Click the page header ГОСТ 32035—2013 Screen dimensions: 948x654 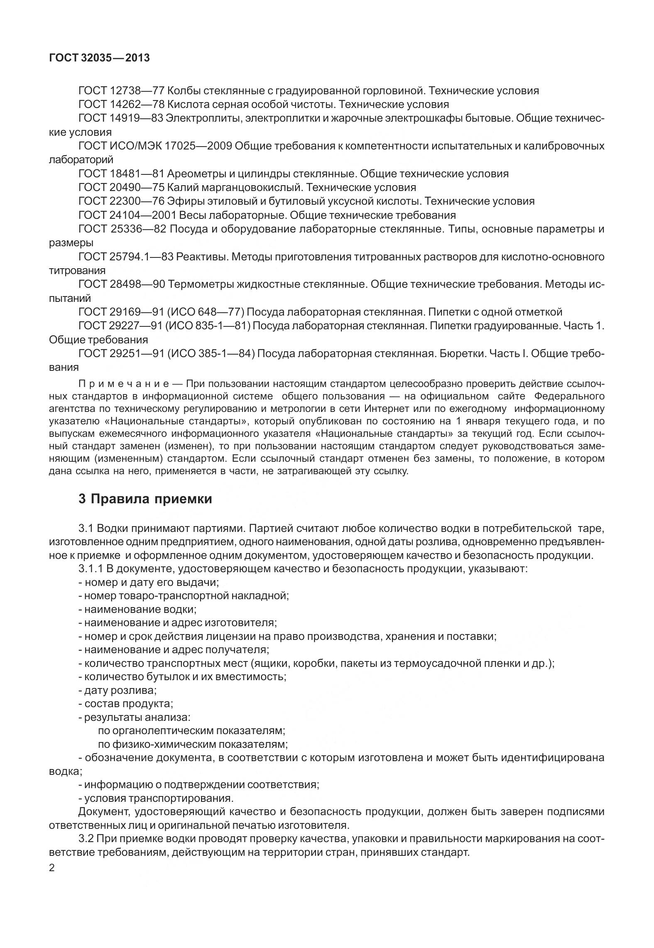tap(99, 58)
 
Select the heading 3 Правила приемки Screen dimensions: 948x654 tap(145, 499)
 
